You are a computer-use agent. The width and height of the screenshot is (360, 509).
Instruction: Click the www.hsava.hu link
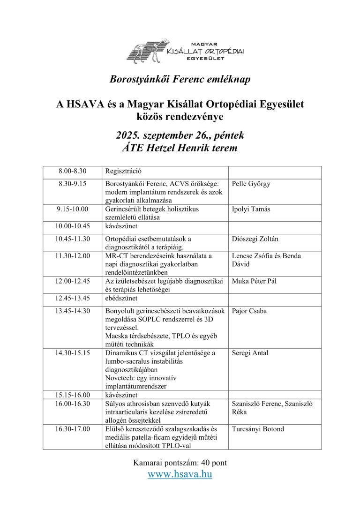[x=180, y=474]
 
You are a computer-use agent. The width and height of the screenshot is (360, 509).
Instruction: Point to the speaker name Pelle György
[x=251, y=184]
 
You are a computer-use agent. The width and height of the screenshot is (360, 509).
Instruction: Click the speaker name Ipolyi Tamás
[x=251, y=209]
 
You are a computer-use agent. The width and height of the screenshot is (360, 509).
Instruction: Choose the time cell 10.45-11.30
[x=73, y=239]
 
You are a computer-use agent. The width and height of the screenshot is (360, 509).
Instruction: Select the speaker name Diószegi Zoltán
[x=255, y=239]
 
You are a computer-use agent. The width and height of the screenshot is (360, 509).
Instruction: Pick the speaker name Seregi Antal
[x=250, y=353]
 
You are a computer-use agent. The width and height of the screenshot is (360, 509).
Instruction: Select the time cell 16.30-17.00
[x=73, y=429]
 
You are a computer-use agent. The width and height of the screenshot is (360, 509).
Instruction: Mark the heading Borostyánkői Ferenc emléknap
[x=180, y=79]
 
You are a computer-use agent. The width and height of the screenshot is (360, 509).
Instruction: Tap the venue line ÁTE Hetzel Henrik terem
[x=180, y=148]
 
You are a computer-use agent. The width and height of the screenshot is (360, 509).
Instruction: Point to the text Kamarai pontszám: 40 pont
[x=180, y=463]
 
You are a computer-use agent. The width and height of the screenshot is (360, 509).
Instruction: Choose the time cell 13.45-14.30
[x=73, y=311]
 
